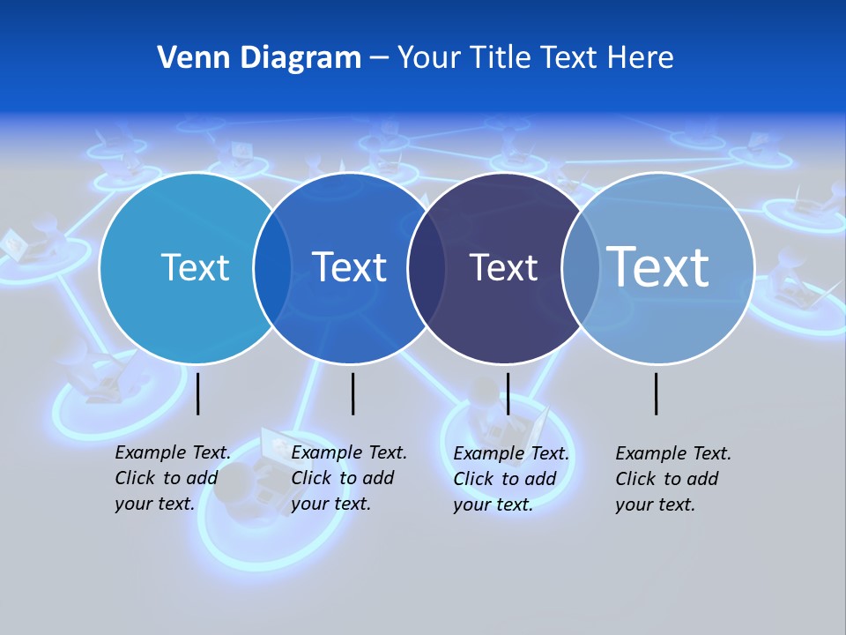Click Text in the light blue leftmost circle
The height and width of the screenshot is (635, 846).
pyautogui.click(x=195, y=267)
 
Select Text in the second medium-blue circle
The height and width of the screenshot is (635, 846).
pyautogui.click(x=349, y=267)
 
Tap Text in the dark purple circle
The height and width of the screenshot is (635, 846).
pyautogui.click(x=503, y=267)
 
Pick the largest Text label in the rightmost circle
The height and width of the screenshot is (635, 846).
pyautogui.click(x=657, y=266)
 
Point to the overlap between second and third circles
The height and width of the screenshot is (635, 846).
pyautogui.click(x=427, y=267)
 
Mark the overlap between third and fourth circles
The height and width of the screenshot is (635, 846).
pyautogui.click(x=580, y=267)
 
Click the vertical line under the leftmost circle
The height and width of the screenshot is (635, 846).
pyautogui.click(x=198, y=393)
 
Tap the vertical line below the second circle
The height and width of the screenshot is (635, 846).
pyautogui.click(x=352, y=393)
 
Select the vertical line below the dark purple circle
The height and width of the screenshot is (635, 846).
pyautogui.click(x=508, y=393)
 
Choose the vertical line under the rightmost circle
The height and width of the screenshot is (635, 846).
pyautogui.click(x=657, y=393)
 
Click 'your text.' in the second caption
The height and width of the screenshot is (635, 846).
pyautogui.click(x=330, y=504)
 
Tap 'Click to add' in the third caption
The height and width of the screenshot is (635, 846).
pyautogui.click(x=505, y=479)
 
